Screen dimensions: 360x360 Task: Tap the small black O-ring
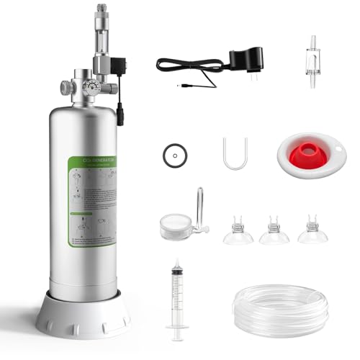[172, 153]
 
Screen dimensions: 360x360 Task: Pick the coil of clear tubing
[280, 310]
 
